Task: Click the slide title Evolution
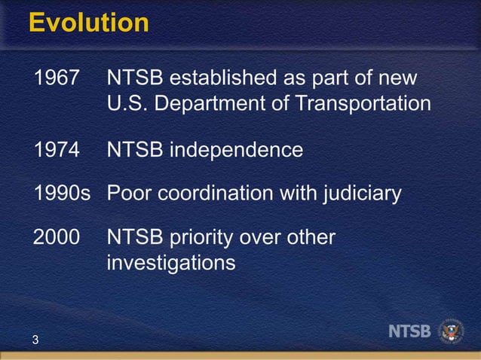pyautogui.click(x=89, y=23)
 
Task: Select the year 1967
pyautogui.click(x=57, y=78)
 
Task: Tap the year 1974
pyautogui.click(x=57, y=150)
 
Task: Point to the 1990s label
pyautogui.click(x=62, y=194)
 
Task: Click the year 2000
pyautogui.click(x=57, y=238)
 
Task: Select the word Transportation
pyautogui.click(x=363, y=103)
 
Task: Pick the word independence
pyautogui.click(x=235, y=150)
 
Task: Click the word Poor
pyautogui.click(x=129, y=194)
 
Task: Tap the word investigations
pyautogui.click(x=171, y=263)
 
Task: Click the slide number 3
pyautogui.click(x=35, y=340)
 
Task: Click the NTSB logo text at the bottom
pyautogui.click(x=410, y=331)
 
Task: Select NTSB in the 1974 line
pyautogui.click(x=134, y=150)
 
